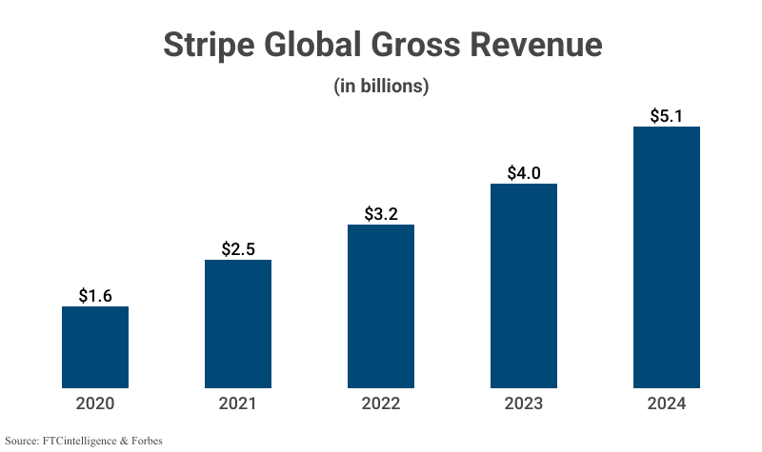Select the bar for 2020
pyautogui.click(x=95, y=347)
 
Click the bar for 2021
pyautogui.click(x=238, y=324)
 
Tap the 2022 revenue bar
pyautogui.click(x=381, y=306)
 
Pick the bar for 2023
pyautogui.click(x=524, y=285)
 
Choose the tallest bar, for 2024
pyautogui.click(x=667, y=257)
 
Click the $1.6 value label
pyautogui.click(x=95, y=296)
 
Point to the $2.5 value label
pyautogui.click(x=238, y=249)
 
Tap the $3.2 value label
pyautogui.click(x=381, y=214)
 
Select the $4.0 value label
pyautogui.click(x=524, y=173)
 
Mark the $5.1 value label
pyautogui.click(x=667, y=116)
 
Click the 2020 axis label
pyautogui.click(x=95, y=403)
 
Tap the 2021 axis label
pyautogui.click(x=238, y=403)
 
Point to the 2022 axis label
pyautogui.click(x=381, y=403)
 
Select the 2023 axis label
pyautogui.click(x=524, y=403)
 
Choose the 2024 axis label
pyautogui.click(x=667, y=403)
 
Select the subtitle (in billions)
pyautogui.click(x=381, y=86)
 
